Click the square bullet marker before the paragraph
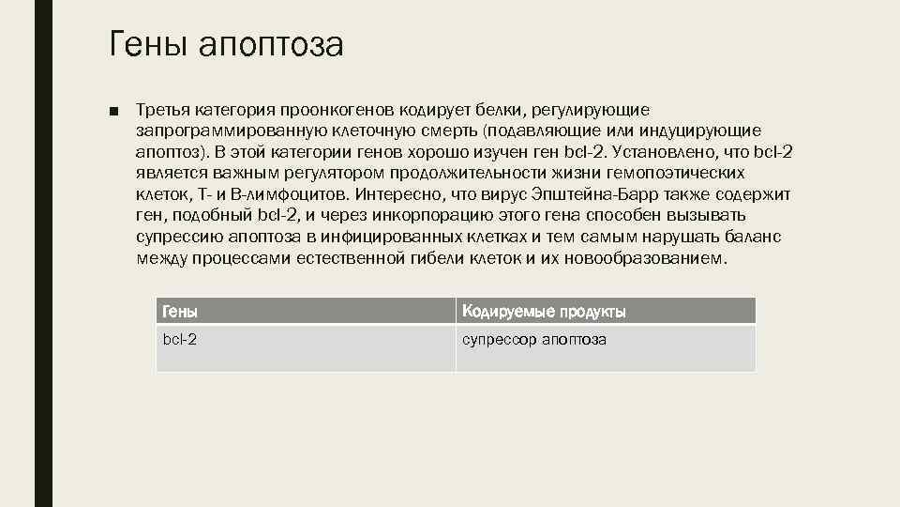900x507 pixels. click(113, 112)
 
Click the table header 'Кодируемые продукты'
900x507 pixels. click(544, 311)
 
